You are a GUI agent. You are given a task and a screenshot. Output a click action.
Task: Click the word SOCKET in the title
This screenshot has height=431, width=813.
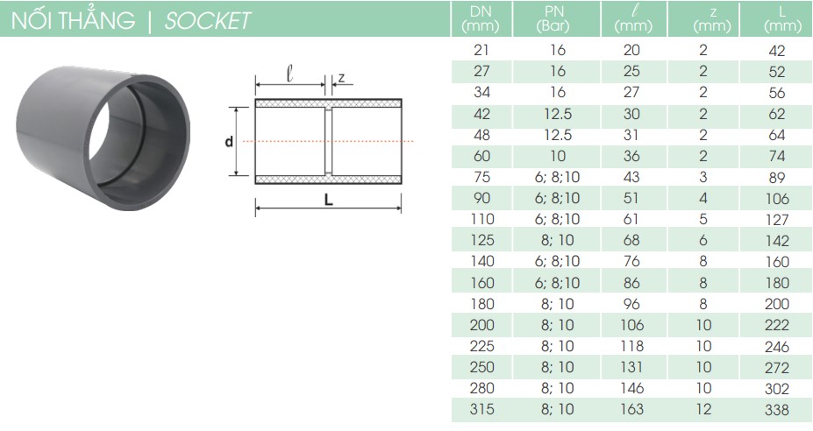tap(208, 21)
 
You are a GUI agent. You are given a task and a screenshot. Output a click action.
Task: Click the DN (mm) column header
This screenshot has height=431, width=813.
tap(481, 18)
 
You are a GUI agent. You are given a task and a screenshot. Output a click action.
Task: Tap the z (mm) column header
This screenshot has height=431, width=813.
tap(712, 19)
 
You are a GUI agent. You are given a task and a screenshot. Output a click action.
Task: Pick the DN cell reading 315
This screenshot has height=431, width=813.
tap(481, 409)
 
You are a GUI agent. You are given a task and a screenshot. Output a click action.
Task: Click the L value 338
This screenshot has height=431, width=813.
tap(777, 410)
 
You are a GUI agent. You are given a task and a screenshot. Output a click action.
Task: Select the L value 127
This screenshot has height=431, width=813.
tap(777, 220)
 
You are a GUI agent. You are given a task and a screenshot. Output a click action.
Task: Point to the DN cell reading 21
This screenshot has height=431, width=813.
tap(481, 50)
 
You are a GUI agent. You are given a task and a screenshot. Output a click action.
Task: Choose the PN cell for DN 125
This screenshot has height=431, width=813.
tap(558, 240)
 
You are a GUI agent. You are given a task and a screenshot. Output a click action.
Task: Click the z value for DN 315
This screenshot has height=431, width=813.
tap(703, 409)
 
